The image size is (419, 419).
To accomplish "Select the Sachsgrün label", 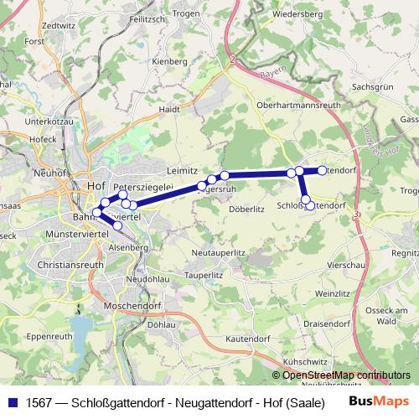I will click(372, 86).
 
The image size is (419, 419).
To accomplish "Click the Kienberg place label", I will click(170, 62).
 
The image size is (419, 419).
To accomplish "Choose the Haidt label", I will click(169, 109).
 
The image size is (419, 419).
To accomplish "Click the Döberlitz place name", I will click(246, 209).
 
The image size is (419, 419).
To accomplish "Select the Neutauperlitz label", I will click(217, 252).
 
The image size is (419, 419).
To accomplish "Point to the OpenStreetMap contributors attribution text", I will click(346, 375).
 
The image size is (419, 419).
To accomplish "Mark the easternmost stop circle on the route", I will click(322, 170).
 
